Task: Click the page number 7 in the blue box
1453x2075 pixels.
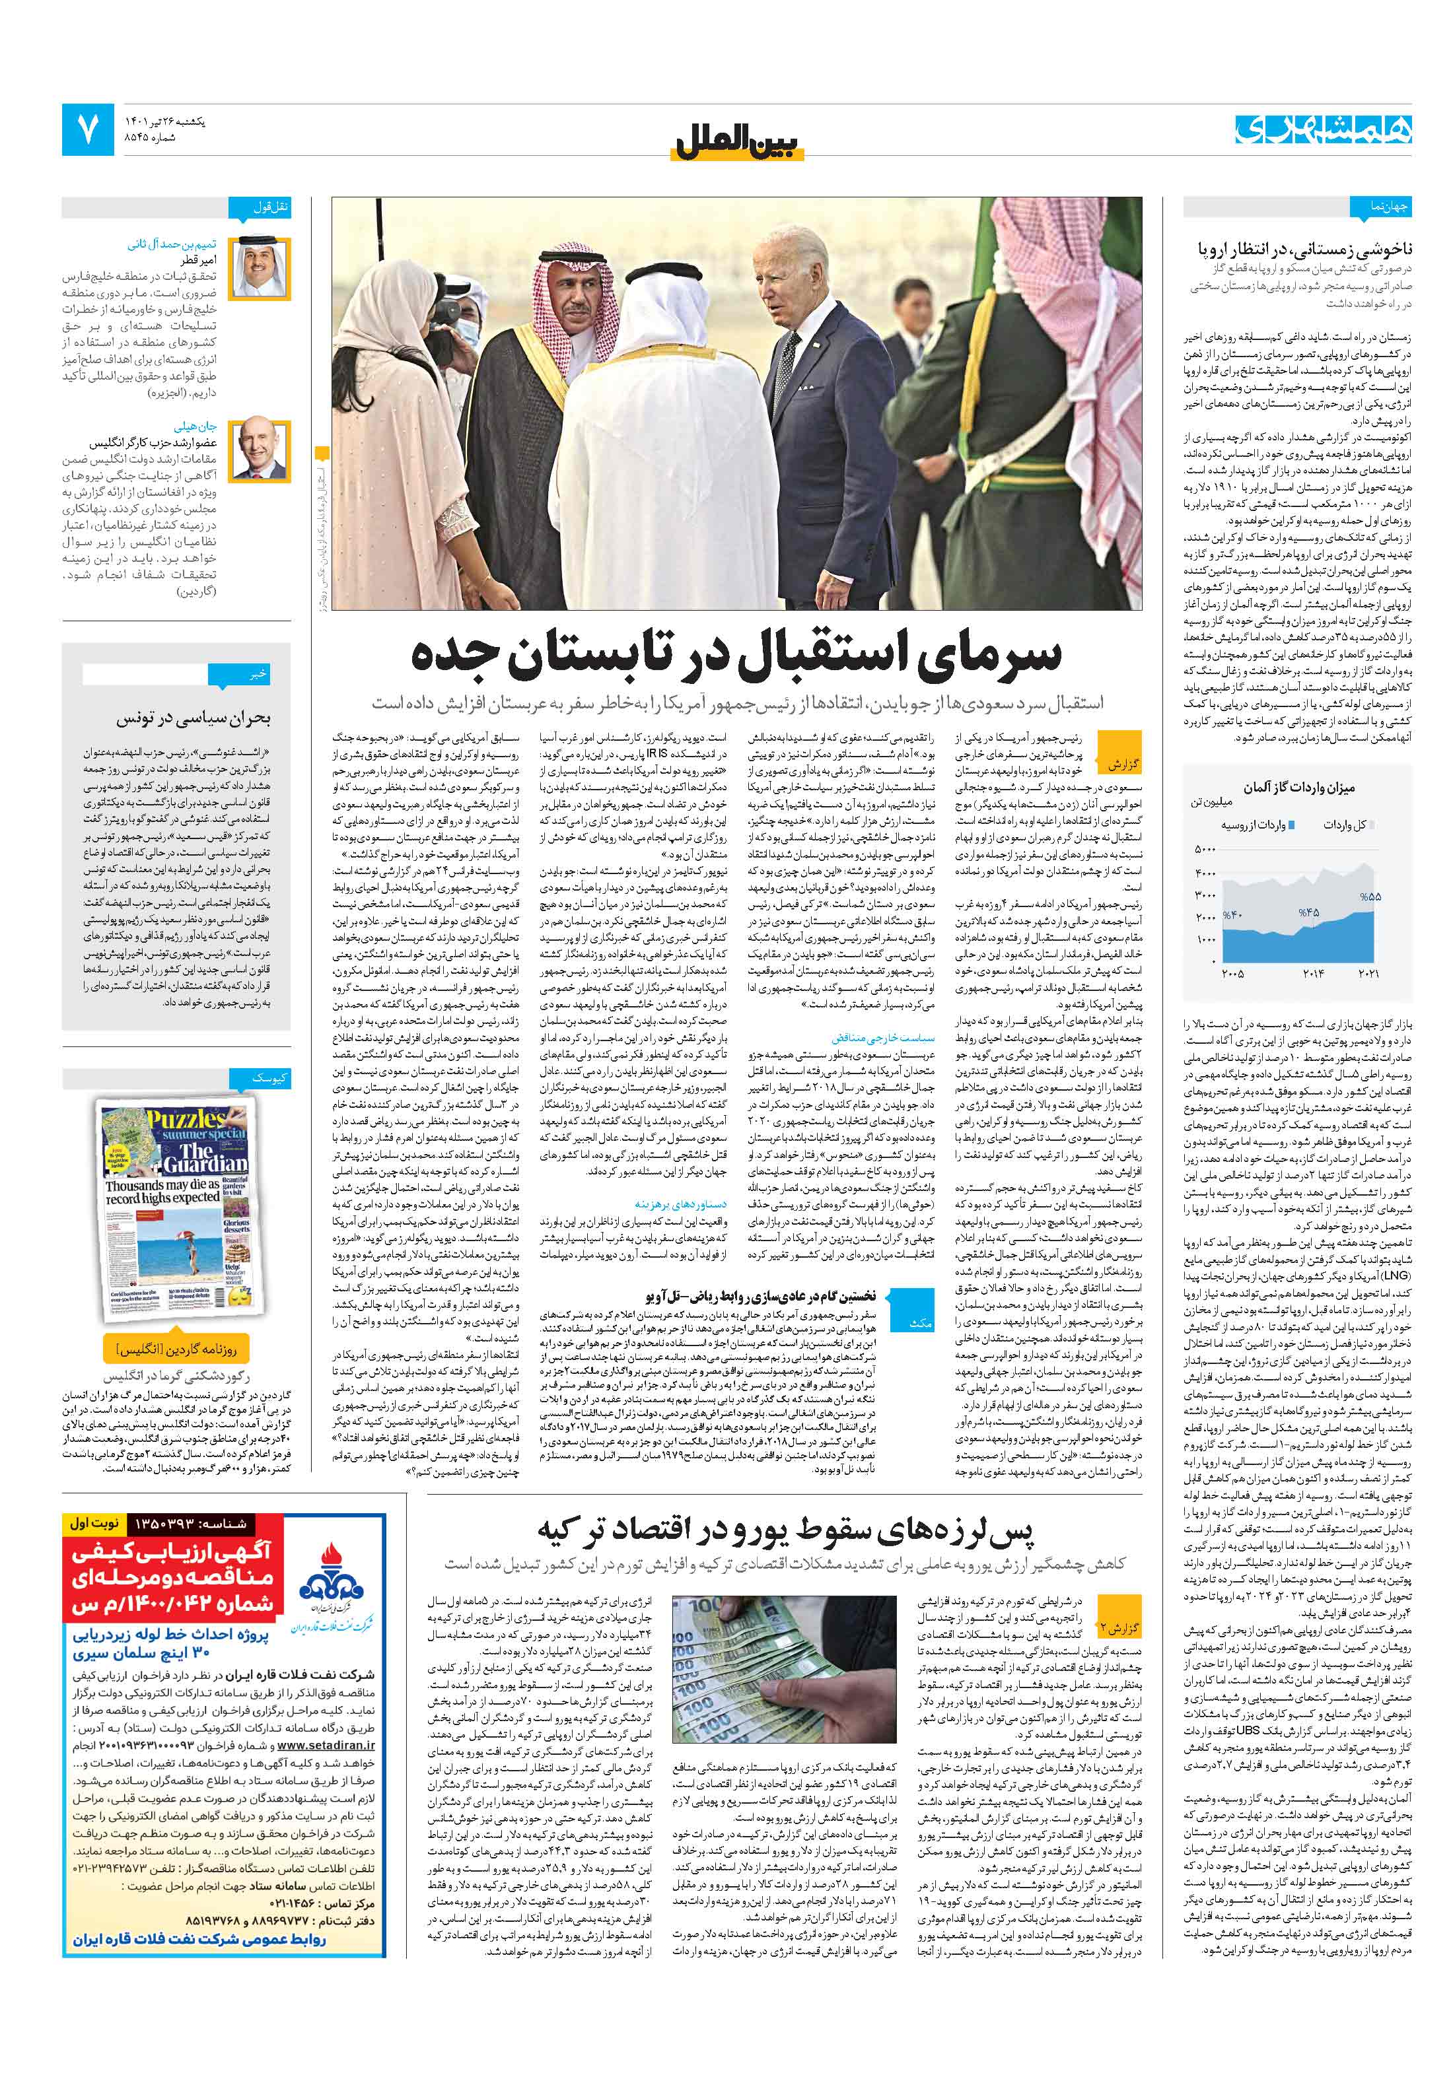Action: point(88,129)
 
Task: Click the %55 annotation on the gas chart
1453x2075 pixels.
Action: point(1370,897)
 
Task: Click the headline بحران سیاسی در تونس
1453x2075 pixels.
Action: point(193,718)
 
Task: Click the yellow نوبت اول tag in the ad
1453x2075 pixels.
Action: point(94,1523)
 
